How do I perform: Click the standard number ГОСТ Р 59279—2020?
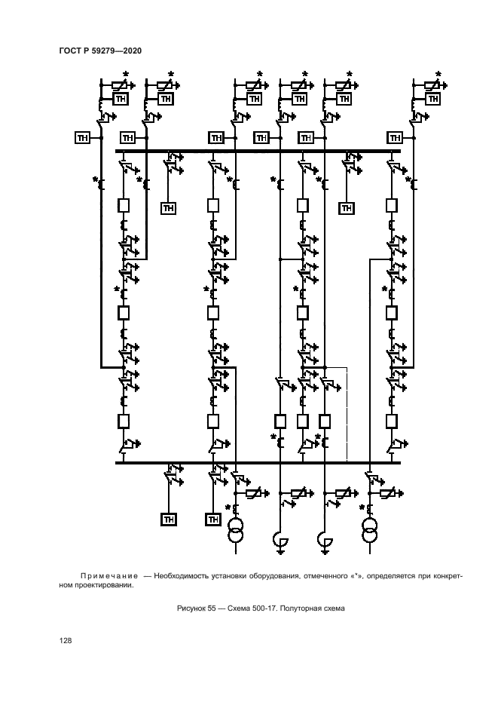(x=99, y=51)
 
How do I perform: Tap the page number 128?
(x=66, y=640)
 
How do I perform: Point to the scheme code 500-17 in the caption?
(x=271, y=609)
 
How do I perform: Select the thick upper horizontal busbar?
(x=257, y=151)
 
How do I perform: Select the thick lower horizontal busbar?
(x=257, y=462)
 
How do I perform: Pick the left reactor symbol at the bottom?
(x=280, y=539)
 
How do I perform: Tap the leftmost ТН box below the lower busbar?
(x=168, y=519)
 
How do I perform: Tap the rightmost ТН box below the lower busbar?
(x=213, y=519)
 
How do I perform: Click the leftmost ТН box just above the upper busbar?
(x=82, y=137)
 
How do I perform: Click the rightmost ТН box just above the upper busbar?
(x=395, y=137)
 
